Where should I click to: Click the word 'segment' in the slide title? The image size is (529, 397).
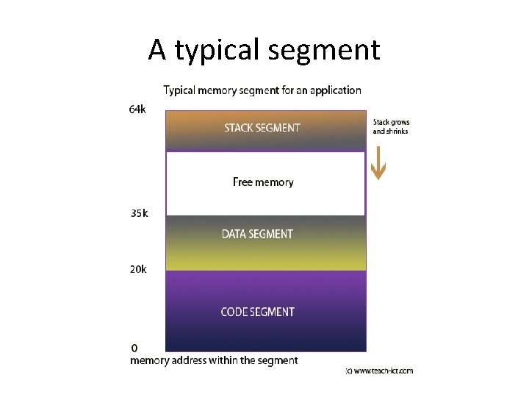click(x=324, y=51)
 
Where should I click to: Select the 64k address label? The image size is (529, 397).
click(x=137, y=110)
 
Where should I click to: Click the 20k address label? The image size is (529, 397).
click(x=137, y=269)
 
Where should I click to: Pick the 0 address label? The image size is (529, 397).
click(x=134, y=347)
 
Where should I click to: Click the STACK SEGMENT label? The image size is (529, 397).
click(x=262, y=128)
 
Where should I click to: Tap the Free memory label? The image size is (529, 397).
click(x=263, y=182)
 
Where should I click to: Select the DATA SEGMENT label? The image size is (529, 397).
click(x=257, y=234)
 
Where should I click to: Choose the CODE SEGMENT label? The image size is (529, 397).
click(x=257, y=312)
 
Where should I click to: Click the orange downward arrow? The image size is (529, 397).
click(x=378, y=165)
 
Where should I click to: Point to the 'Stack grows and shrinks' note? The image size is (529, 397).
click(x=391, y=126)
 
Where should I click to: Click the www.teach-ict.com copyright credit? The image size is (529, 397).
click(x=379, y=371)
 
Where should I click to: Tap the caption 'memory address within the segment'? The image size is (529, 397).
click(x=214, y=360)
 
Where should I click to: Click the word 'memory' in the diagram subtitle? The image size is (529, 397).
click(x=221, y=90)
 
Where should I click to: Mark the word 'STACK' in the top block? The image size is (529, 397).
click(x=238, y=128)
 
